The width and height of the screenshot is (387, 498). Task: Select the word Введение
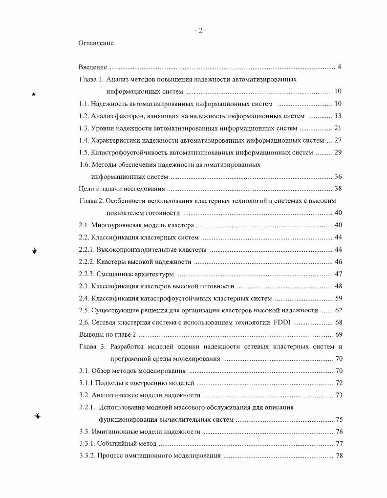coord(93,67)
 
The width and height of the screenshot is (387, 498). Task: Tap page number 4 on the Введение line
coord(339,67)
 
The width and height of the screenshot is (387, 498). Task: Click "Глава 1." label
coord(91,79)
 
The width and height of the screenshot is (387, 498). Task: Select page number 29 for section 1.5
coord(338,152)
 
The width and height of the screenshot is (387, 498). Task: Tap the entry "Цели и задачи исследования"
coord(122,189)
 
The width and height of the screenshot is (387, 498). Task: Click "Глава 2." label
coord(91,201)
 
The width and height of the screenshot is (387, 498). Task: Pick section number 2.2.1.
coord(86,250)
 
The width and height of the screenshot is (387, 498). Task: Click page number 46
coord(338,262)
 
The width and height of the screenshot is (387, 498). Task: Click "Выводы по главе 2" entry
coord(107,335)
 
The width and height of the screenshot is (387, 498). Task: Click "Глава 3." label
coord(91,347)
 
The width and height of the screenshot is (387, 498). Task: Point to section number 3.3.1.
coord(86,444)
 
